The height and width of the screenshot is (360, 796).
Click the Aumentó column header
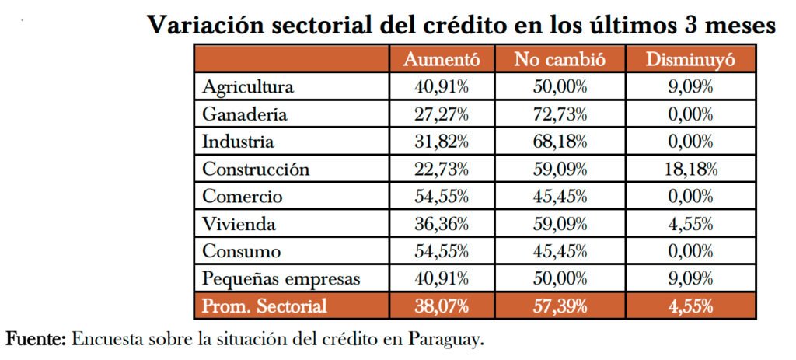click(x=441, y=59)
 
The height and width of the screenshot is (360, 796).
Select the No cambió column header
click(x=560, y=59)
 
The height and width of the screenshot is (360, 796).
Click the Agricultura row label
click(x=248, y=86)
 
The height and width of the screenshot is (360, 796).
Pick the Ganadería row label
click(x=245, y=114)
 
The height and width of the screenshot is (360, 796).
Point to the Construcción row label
click(x=256, y=170)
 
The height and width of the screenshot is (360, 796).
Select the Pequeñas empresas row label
click(x=281, y=279)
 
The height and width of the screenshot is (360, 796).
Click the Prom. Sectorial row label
click(x=264, y=306)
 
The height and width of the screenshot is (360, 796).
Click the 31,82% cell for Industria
click(x=441, y=142)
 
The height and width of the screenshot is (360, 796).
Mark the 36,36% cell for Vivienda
click(x=441, y=225)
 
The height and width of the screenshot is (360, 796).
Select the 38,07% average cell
click(x=441, y=306)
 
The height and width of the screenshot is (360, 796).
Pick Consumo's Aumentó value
click(x=441, y=252)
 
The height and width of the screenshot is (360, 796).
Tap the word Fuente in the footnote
click(x=37, y=340)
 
